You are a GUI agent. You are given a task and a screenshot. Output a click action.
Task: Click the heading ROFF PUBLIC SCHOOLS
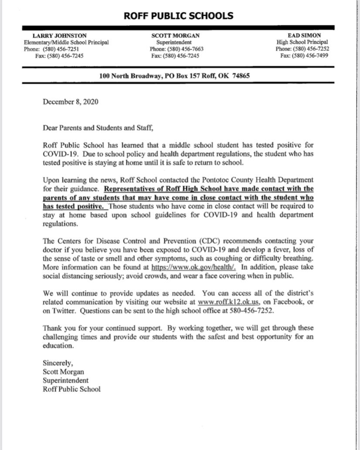[179, 16]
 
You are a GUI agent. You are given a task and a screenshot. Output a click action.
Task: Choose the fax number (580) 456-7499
[311, 56]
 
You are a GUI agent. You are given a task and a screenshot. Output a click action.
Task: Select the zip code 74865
[240, 76]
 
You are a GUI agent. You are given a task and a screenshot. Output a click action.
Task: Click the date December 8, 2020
[71, 102]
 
